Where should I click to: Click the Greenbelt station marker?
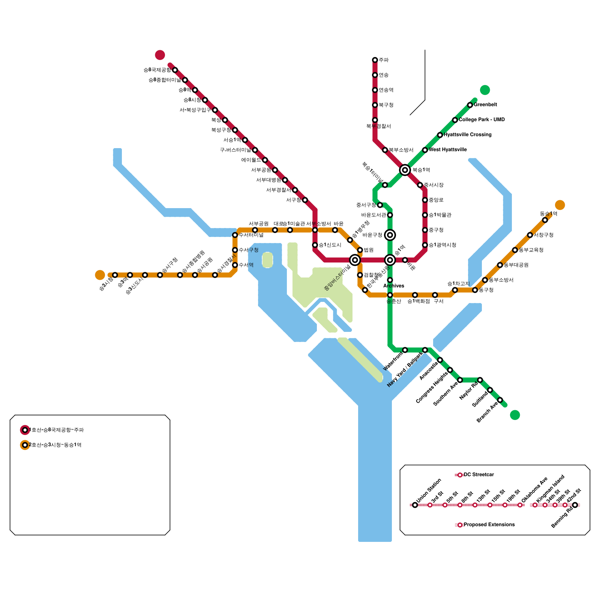click(470, 105)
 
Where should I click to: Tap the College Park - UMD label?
click(481, 120)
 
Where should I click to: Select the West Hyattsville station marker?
click(425, 150)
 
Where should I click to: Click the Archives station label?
click(393, 286)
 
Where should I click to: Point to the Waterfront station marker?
click(405, 350)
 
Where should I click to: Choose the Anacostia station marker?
click(440, 360)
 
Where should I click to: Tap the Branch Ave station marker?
click(500, 400)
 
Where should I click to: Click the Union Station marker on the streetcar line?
click(415, 505)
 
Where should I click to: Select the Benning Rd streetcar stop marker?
click(575, 505)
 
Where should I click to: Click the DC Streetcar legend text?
click(478, 475)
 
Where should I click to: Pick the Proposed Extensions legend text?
click(489, 525)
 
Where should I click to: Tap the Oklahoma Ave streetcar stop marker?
click(520, 505)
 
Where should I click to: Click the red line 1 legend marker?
click(25, 430)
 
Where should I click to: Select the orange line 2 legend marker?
click(25, 445)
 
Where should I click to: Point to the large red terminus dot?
click(160, 55)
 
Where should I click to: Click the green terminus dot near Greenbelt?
click(485, 90)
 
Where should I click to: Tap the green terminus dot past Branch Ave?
click(515, 415)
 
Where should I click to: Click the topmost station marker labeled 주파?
click(375, 60)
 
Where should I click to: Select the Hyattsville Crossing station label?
click(467, 135)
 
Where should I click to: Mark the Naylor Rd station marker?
click(480, 380)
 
